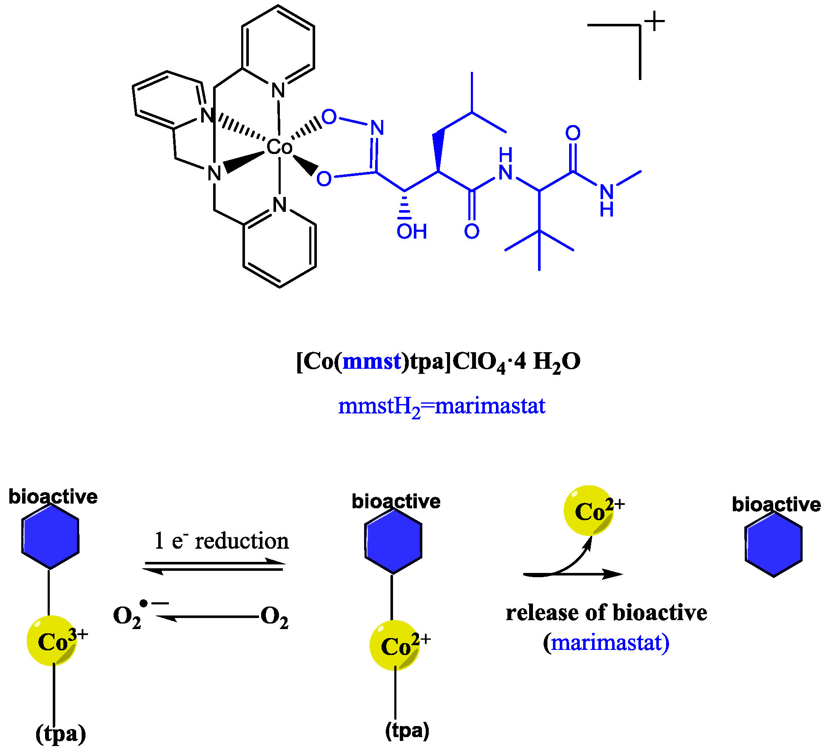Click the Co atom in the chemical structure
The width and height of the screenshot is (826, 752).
click(279, 147)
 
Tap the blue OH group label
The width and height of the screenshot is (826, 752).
click(411, 232)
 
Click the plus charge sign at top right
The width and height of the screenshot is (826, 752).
click(655, 21)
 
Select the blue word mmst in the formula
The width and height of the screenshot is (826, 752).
click(372, 362)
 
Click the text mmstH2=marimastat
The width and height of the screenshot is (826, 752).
click(441, 406)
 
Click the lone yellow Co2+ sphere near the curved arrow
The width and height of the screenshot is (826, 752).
click(589, 510)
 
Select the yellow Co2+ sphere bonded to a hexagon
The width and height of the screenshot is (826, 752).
click(395, 646)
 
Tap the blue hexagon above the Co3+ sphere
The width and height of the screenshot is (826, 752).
click(50, 542)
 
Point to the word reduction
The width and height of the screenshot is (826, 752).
click(242, 541)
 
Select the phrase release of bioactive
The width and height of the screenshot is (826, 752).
click(606, 613)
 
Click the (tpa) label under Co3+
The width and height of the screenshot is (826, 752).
click(61, 733)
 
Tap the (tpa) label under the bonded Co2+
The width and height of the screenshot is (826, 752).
click(407, 730)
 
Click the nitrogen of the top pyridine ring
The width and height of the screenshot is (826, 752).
click(278, 91)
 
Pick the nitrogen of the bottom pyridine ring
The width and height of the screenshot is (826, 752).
click(280, 205)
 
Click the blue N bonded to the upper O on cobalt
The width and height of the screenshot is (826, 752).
click(377, 127)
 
